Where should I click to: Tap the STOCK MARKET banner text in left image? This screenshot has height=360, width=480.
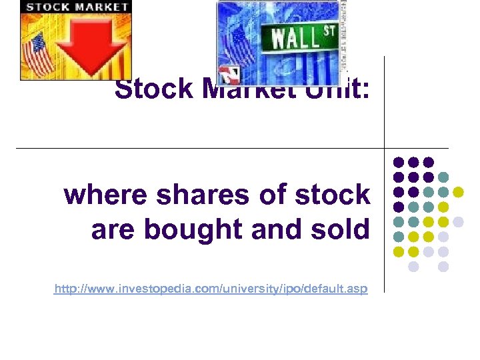pyautogui.click(x=77, y=7)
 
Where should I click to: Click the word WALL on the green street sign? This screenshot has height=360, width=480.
pyautogui.click(x=293, y=39)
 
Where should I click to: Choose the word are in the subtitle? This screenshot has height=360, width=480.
pyautogui.click(x=113, y=229)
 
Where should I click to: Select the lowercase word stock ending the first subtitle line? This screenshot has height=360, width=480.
pyautogui.click(x=331, y=195)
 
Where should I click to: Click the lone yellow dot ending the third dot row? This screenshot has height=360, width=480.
pyautogui.click(x=458, y=192)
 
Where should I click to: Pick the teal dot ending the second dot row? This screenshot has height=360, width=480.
pyautogui.click(x=443, y=177)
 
